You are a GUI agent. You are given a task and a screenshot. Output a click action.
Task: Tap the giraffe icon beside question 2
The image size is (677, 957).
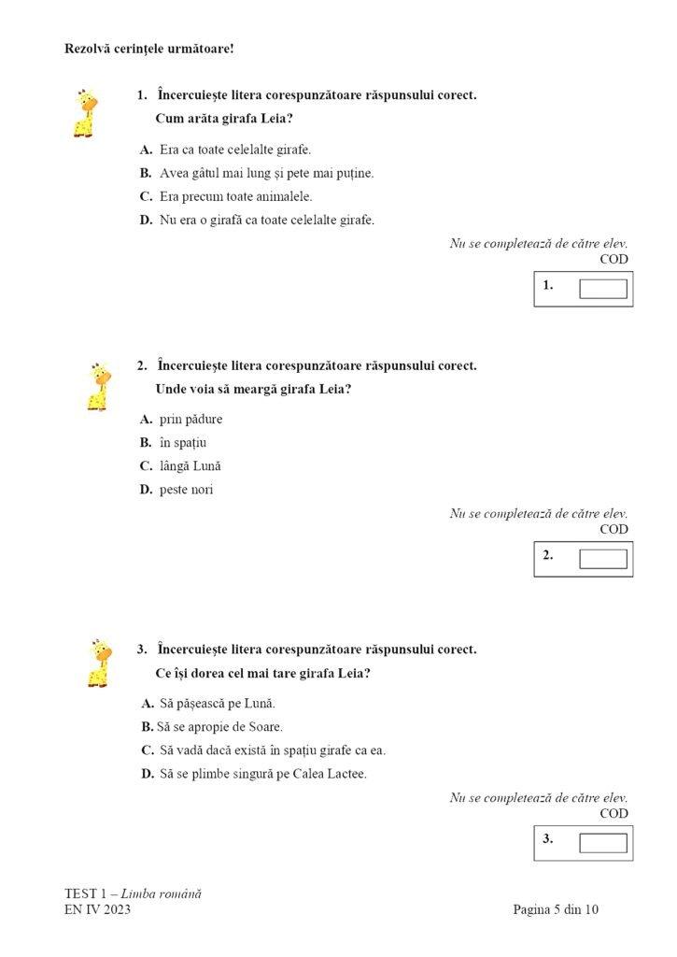pos(98,386)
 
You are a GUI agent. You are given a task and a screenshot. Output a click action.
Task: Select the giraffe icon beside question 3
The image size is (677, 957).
pos(99,663)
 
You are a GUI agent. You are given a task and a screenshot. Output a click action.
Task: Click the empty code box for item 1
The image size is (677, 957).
pos(602,288)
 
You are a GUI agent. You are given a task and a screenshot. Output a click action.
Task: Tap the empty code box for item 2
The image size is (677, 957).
pos(602,558)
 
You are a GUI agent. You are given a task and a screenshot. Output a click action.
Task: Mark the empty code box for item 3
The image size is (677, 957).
pos(602,842)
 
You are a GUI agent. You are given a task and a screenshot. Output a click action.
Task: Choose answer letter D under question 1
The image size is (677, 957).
pos(146,220)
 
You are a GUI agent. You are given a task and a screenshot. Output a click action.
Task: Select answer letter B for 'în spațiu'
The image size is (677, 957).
pos(146,442)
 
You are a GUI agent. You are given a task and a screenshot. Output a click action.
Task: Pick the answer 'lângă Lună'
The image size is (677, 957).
pos(190,465)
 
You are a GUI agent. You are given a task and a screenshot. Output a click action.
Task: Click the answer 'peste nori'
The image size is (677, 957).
pos(186,489)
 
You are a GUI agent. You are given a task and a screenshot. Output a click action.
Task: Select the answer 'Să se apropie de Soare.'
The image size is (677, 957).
pos(220,726)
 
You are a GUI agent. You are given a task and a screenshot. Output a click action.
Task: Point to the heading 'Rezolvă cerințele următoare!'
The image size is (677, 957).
pos(148,48)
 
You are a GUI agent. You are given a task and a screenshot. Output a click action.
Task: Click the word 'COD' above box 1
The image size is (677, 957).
pos(614,259)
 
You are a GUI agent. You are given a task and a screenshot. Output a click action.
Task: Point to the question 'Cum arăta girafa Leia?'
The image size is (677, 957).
pos(223,119)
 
